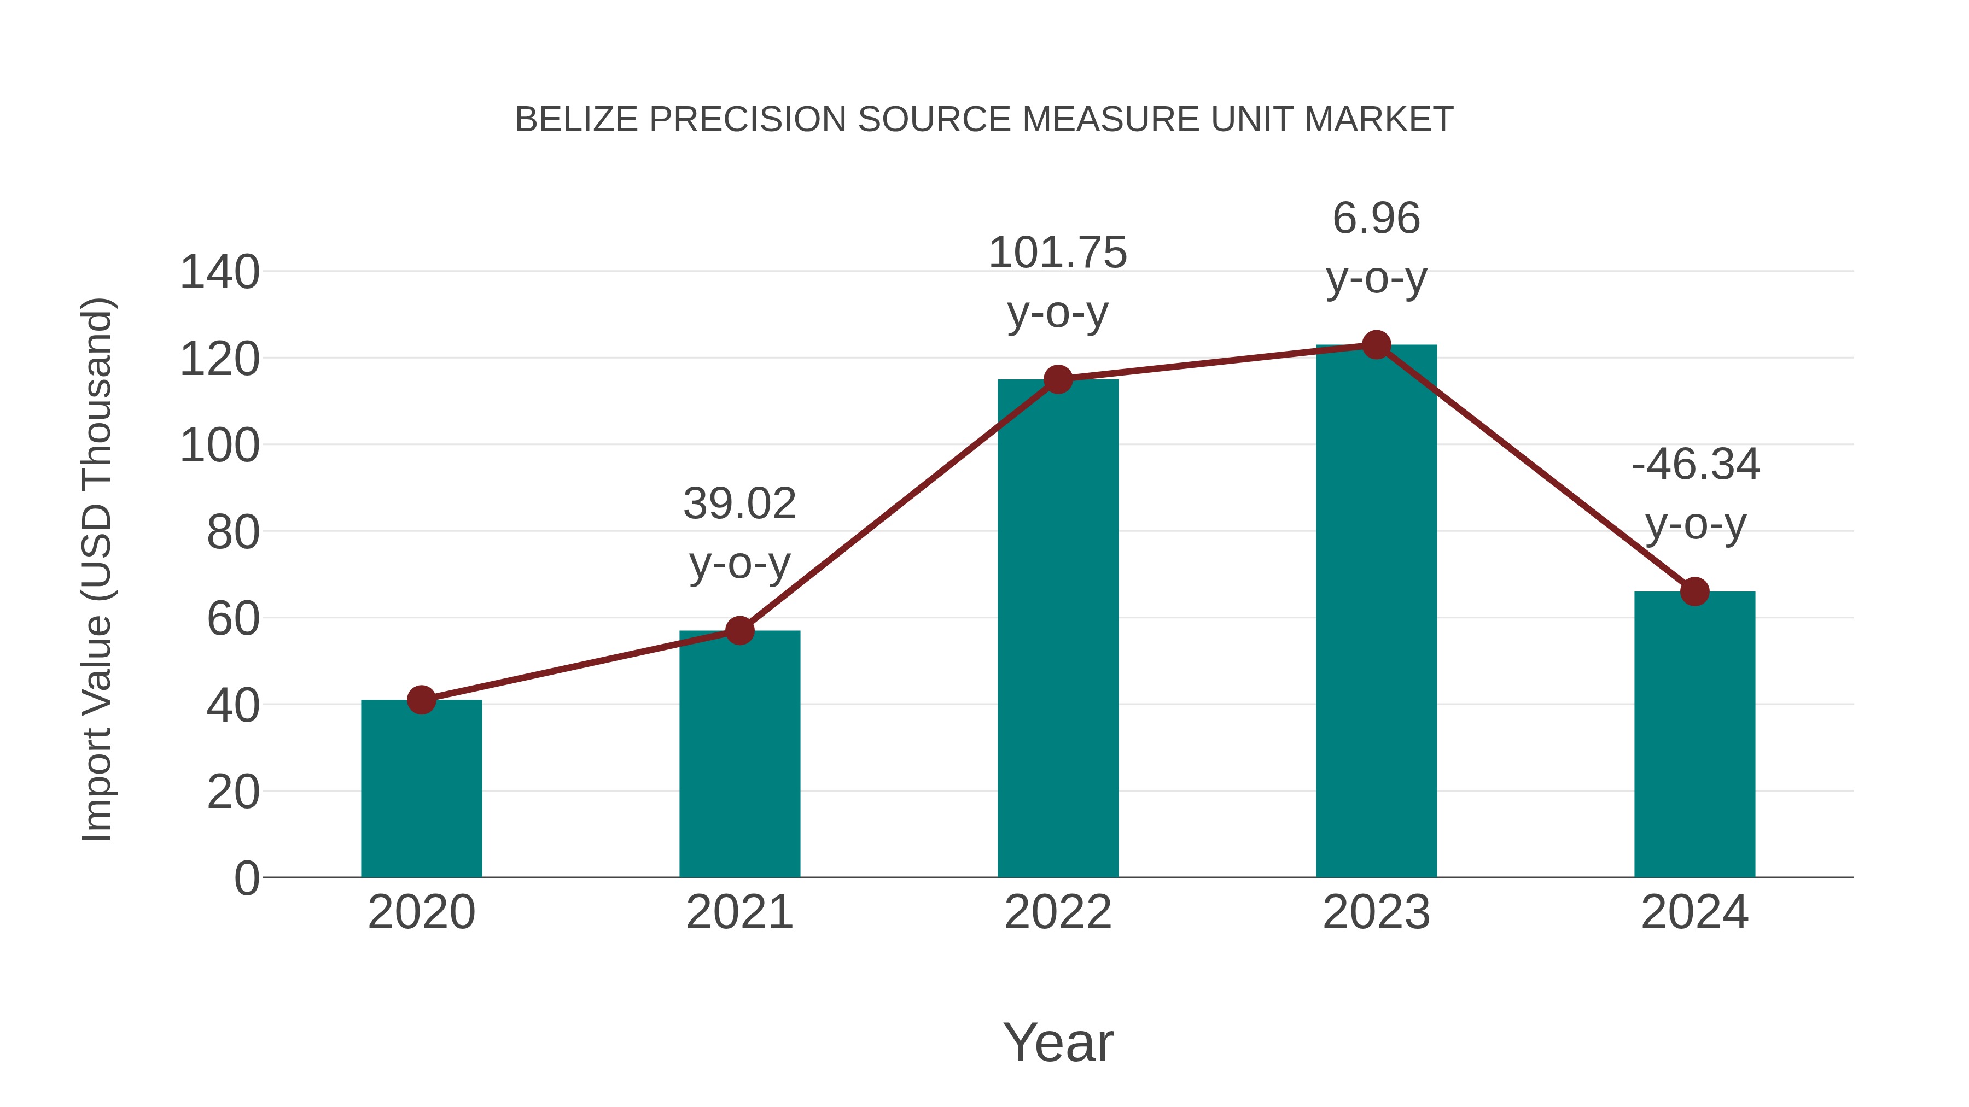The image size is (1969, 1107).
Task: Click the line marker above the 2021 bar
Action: tap(740, 630)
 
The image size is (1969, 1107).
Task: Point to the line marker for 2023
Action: tap(1376, 345)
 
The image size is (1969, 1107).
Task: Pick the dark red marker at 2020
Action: tap(421, 699)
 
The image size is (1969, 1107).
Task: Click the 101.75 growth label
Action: tap(1058, 253)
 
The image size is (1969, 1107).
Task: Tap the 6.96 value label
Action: tap(1376, 219)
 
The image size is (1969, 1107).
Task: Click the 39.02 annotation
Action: tap(740, 504)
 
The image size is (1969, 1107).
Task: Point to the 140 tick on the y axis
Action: tap(219, 273)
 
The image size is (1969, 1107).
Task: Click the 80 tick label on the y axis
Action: tap(233, 532)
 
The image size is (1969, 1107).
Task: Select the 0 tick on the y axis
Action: tap(246, 878)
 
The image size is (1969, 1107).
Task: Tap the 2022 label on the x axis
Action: tap(1058, 912)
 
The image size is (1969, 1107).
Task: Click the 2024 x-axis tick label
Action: tap(1694, 912)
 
